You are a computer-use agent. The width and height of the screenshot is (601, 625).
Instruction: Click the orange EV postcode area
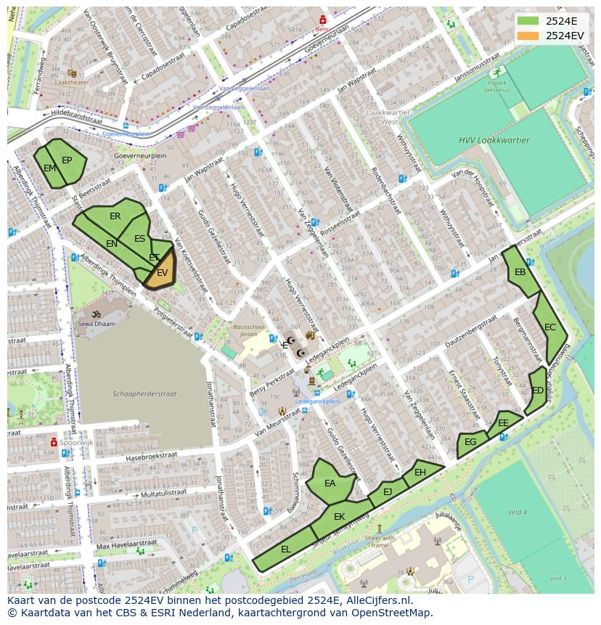[x=162, y=272]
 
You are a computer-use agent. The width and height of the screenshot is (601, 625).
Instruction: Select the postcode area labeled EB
[x=520, y=273]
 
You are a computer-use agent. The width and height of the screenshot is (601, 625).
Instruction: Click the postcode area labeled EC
[x=549, y=327]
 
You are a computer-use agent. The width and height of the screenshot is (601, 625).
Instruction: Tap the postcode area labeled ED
[x=537, y=391]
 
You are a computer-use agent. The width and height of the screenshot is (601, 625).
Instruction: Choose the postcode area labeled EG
[x=470, y=442]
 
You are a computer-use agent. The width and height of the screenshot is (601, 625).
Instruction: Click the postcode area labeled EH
[x=421, y=473]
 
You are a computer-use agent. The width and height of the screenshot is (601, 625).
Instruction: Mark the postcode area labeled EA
[x=330, y=483]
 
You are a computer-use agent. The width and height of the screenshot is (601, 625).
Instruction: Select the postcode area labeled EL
[x=286, y=550]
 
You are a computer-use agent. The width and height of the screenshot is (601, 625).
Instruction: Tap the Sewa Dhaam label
[x=97, y=324]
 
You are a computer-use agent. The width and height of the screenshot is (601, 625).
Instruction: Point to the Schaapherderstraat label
[x=144, y=394]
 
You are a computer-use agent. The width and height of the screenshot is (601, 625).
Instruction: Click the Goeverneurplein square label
[x=140, y=155]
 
